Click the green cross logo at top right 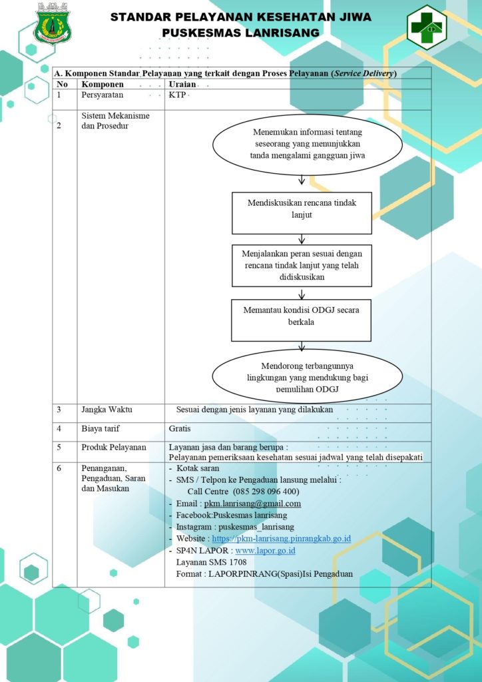point(426,27)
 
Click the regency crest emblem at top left point(52,23)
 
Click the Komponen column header point(103,85)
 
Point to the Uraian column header point(182,85)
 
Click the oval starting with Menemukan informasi point(307,145)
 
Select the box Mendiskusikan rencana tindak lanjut point(302,213)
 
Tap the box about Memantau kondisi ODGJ point(301,320)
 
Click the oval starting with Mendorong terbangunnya point(307,376)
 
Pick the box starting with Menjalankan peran point(302,265)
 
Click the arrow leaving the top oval point(302,180)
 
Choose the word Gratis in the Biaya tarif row point(180,429)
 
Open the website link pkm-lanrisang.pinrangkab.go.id point(281,538)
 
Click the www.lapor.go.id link point(266,551)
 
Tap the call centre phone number point(266,492)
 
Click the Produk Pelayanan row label point(114,447)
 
